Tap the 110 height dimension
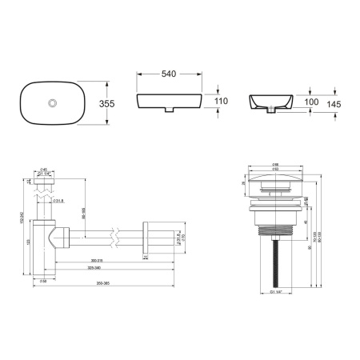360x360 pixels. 222,102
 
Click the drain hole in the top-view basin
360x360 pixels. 54,102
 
